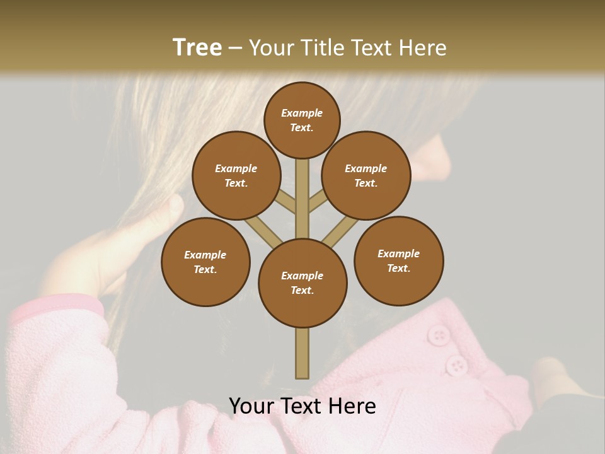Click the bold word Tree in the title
tap(197, 47)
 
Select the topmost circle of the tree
tap(302, 120)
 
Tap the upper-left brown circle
tap(236, 175)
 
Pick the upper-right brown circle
tap(366, 175)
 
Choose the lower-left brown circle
tap(205, 262)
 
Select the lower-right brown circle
tap(398, 260)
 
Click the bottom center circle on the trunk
tap(302, 282)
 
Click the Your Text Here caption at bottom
tap(302, 406)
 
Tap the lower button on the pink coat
tap(456, 365)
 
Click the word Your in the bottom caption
tap(250, 406)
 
